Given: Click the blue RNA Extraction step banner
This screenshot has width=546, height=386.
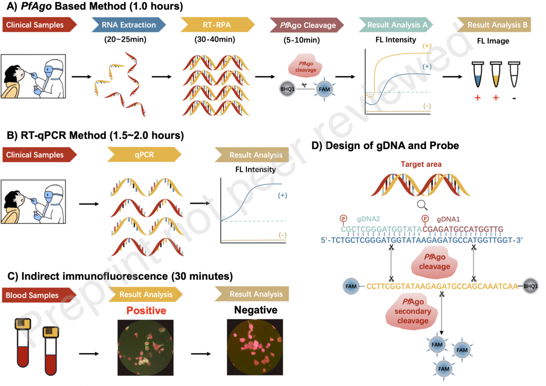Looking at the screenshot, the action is [129, 25].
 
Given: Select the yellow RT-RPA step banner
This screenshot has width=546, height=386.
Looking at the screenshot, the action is [217, 25].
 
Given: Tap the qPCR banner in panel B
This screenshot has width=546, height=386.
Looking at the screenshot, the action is [144, 155].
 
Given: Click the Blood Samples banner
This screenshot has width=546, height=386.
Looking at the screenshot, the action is [39, 295].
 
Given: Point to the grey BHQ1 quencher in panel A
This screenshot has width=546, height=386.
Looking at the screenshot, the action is [288, 89].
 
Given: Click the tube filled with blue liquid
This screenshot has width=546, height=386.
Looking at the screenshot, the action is [478, 74].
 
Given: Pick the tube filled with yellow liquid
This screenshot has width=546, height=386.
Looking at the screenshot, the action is [496, 74].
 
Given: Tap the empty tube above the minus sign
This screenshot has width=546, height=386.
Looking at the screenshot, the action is [514, 74].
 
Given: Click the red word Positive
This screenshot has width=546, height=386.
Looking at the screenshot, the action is [146, 310].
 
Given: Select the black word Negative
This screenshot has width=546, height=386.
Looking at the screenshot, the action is [256, 310].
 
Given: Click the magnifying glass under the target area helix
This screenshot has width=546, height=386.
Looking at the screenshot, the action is [422, 205].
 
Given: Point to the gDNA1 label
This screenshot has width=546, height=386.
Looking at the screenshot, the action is [448, 219].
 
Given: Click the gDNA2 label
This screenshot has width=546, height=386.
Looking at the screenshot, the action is [368, 219].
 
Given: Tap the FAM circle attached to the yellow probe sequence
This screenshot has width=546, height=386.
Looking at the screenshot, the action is [351, 286].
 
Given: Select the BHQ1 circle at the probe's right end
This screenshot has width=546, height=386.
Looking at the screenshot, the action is [531, 286].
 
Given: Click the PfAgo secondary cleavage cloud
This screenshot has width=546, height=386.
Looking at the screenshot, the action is [412, 312].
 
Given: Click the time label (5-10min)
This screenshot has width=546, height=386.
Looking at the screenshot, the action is [302, 40].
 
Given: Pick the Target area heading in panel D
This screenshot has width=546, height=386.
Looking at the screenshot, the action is [421, 164].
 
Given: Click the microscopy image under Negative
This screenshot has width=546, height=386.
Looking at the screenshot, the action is [255, 347].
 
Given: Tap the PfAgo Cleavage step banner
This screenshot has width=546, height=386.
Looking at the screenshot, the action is [307, 25].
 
